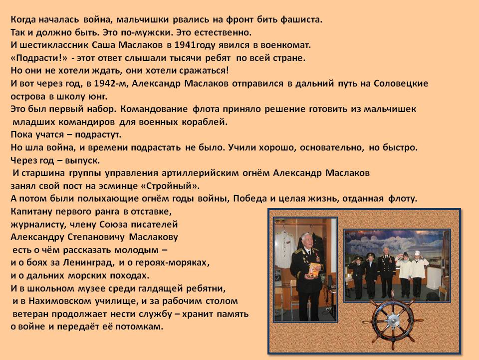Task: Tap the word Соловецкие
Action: tap(401, 83)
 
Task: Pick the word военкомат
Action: tap(285, 45)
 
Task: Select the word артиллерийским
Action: tap(200, 173)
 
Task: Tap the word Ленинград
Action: tap(89, 262)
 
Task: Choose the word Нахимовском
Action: tap(60, 301)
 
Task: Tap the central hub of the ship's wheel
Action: tap(393, 320)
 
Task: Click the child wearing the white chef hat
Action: tap(416, 274)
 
